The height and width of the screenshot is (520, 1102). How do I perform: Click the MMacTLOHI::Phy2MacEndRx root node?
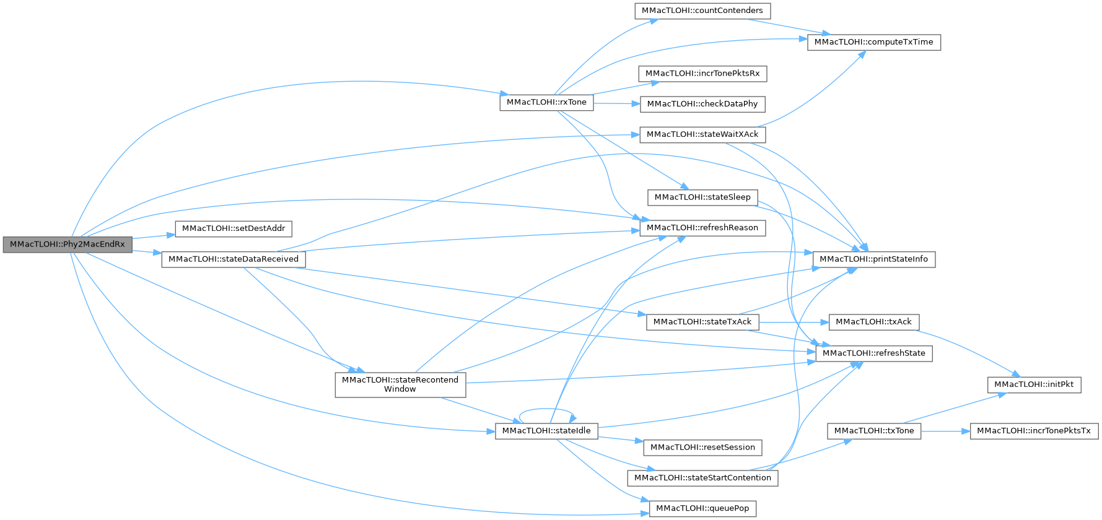coord(67,245)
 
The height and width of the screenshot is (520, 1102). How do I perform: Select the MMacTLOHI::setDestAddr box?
coord(234,228)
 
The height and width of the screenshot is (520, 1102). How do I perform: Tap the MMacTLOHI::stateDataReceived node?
coord(234,259)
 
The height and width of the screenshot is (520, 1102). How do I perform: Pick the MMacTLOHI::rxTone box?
coord(546,103)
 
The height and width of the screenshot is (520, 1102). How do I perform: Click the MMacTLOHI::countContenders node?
coord(702,11)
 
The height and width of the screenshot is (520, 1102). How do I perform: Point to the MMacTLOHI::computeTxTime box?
coord(873,42)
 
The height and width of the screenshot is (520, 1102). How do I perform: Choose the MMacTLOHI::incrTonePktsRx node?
coord(702,74)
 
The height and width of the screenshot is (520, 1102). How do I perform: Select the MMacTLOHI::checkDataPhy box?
coord(702,104)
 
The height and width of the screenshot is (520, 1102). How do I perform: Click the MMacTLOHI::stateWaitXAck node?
coord(702,134)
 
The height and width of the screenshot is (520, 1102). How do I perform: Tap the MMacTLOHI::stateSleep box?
coord(702,197)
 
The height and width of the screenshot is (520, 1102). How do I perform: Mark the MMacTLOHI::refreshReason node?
coord(702,228)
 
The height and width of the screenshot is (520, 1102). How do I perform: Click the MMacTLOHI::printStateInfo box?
coord(873,259)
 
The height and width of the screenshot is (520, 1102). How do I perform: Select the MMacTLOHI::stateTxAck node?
coord(702,322)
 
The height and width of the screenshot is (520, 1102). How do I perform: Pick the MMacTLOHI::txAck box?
coord(873,322)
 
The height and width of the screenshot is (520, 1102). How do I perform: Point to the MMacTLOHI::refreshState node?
coord(873,353)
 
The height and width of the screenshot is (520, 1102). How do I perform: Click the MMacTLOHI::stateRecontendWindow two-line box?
coord(400,384)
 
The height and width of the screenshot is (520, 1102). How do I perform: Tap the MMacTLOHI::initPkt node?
coord(1033,384)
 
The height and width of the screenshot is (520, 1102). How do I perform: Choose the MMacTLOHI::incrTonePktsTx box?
coord(1033,431)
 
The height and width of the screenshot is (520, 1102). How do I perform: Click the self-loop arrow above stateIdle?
coord(546,410)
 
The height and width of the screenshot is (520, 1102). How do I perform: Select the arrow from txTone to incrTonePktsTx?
coord(945,431)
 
